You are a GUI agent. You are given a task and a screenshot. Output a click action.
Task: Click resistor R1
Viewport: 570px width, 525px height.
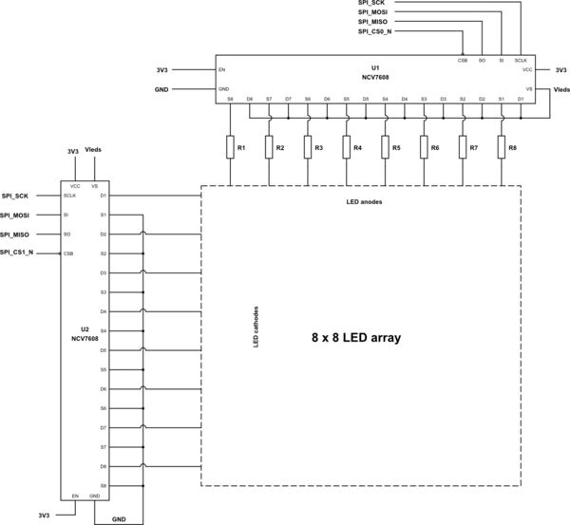[230, 148]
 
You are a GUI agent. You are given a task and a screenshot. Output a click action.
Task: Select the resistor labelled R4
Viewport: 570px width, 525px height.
[346, 148]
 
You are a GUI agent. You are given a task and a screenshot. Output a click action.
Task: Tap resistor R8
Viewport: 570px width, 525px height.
[501, 148]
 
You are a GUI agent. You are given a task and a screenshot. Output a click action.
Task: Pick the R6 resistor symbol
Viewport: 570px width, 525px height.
[424, 148]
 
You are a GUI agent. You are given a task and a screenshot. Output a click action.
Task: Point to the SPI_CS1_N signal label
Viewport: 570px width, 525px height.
[17, 253]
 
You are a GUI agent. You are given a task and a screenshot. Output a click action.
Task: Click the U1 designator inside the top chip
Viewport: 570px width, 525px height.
[375, 68]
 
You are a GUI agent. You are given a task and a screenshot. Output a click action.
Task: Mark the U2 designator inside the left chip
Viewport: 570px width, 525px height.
[84, 328]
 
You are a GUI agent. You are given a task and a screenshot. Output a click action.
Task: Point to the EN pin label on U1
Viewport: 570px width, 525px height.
[222, 69]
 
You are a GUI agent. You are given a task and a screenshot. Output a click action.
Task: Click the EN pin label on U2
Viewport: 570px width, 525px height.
[75, 496]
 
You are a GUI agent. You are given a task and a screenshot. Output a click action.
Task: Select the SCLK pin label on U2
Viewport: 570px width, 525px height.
[69, 196]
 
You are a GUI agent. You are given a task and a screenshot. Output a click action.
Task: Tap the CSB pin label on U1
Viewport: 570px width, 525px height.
[462, 60]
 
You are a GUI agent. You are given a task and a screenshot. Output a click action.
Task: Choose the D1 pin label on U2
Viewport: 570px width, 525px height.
[103, 196]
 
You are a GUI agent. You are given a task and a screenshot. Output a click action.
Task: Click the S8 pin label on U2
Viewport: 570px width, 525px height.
[103, 485]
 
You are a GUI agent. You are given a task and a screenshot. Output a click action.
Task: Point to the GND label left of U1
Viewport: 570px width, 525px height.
[161, 88]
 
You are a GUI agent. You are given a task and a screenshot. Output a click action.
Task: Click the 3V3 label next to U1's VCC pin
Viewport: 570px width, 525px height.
[560, 69]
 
